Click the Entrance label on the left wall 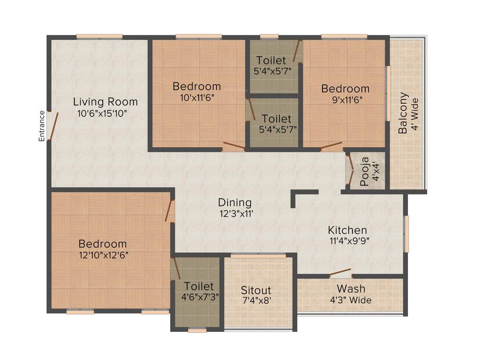click(42, 126)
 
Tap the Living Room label click(105, 102)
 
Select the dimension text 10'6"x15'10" click(102, 113)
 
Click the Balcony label click(403, 113)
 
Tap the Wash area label click(351, 289)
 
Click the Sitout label click(256, 290)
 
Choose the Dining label click(235, 202)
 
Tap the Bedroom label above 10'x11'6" click(197, 86)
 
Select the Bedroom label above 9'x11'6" click(345, 89)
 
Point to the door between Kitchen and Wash click(340, 273)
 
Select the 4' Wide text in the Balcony click(414, 115)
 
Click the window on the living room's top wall click(99, 36)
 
